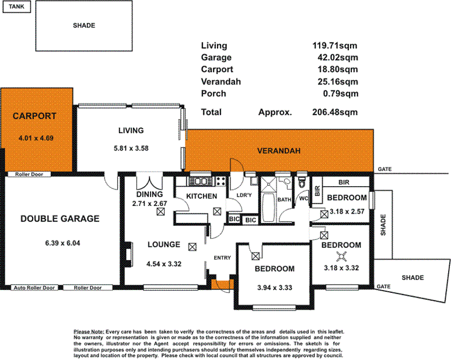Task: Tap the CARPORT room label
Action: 34,116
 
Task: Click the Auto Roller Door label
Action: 34,288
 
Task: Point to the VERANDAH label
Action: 279,151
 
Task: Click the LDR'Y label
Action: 244,195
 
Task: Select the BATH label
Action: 284,200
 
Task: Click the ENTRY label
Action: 222,257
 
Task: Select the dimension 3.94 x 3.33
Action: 274,288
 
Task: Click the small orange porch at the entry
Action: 223,285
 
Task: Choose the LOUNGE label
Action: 163,244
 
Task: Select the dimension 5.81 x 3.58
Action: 131,148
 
